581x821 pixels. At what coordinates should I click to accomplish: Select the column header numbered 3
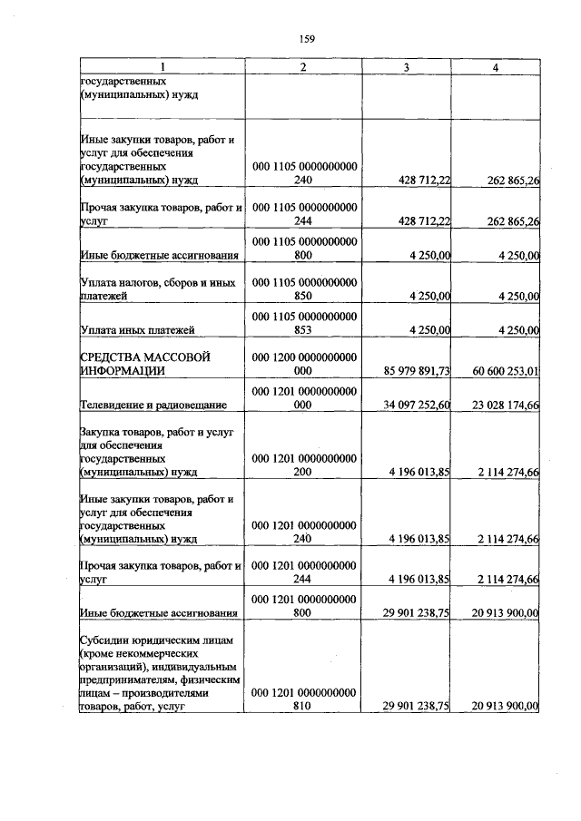[x=406, y=68]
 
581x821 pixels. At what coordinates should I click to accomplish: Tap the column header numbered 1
[x=162, y=68]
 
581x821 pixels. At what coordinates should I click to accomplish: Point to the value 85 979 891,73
[x=413, y=370]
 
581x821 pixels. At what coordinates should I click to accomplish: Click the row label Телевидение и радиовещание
[x=153, y=405]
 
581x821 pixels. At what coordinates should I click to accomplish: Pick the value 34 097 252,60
[x=413, y=405]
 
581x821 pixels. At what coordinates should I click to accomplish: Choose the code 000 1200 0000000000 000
[x=303, y=363]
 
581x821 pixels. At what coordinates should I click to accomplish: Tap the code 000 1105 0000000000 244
[x=303, y=214]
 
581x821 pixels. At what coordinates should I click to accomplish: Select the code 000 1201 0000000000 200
[x=303, y=464]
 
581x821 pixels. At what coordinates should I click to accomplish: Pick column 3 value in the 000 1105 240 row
[x=419, y=181]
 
